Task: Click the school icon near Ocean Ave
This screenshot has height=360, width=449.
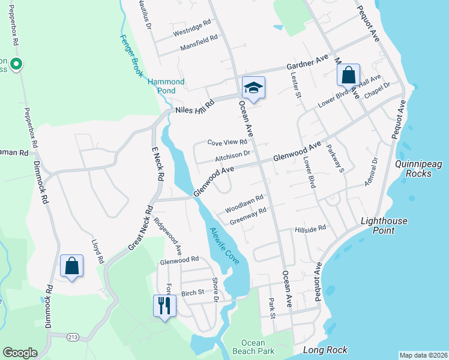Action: [253, 88]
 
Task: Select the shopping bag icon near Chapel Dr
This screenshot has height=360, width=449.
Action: [348, 76]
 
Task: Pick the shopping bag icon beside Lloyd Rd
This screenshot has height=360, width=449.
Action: [71, 266]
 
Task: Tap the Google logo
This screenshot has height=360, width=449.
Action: [20, 353]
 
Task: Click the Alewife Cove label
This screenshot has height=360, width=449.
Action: [224, 247]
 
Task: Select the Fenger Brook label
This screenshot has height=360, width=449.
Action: [132, 56]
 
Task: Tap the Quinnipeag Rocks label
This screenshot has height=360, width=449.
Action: [414, 168]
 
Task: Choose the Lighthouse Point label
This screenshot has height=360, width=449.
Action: [384, 226]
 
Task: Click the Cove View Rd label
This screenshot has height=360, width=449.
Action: [227, 143]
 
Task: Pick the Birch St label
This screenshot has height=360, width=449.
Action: [193, 293]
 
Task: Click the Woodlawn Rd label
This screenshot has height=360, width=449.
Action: [244, 203]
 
